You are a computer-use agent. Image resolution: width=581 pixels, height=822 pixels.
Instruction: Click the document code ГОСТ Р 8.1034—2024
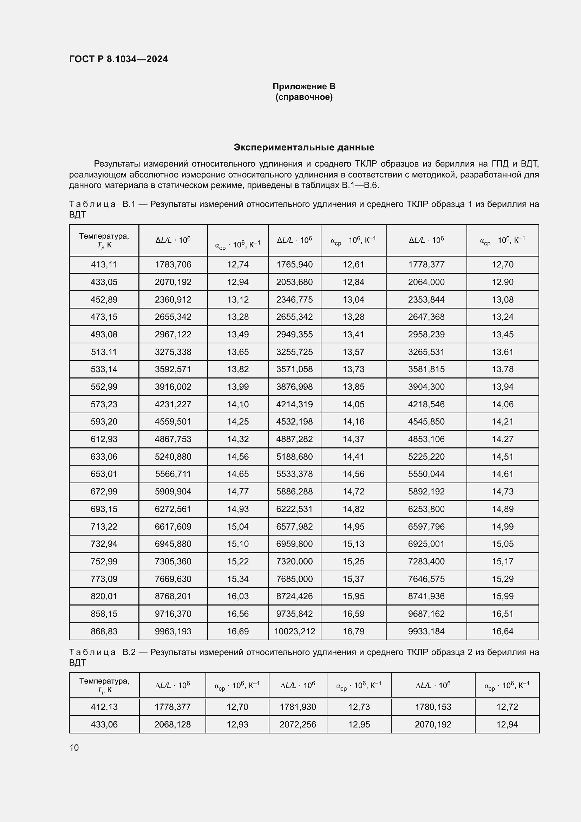click(118, 59)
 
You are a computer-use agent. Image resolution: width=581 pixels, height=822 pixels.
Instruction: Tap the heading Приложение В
click(304, 86)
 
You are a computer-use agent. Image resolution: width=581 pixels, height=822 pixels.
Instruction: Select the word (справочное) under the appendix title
click(304, 97)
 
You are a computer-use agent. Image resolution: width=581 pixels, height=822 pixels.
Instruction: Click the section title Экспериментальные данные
click(304, 147)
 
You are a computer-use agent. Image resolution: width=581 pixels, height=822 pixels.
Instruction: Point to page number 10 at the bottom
click(74, 747)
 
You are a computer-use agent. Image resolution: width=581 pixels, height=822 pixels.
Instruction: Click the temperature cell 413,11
click(104, 265)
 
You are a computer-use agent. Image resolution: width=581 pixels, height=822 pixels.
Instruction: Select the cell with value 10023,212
click(294, 631)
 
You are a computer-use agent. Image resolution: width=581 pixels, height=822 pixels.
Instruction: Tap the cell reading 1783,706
click(173, 265)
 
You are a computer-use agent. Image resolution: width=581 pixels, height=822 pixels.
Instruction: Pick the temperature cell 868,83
click(104, 631)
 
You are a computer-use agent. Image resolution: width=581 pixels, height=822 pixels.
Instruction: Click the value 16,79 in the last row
click(353, 631)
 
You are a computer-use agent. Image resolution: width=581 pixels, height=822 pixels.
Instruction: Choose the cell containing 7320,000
click(294, 561)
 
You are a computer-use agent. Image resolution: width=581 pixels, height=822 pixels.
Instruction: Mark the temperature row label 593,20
click(104, 421)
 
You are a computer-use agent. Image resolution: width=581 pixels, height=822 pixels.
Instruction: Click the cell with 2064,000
click(426, 282)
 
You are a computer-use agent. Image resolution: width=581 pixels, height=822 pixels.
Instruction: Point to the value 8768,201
click(173, 596)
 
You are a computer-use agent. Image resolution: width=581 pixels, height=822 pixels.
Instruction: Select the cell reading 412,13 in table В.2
click(104, 707)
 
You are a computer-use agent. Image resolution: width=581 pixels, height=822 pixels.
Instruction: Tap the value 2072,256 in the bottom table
click(298, 724)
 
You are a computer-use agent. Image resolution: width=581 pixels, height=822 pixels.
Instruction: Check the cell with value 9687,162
click(426, 614)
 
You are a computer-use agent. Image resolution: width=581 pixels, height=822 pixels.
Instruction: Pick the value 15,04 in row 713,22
click(237, 526)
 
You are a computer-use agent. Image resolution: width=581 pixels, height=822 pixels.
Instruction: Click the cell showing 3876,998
click(294, 387)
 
